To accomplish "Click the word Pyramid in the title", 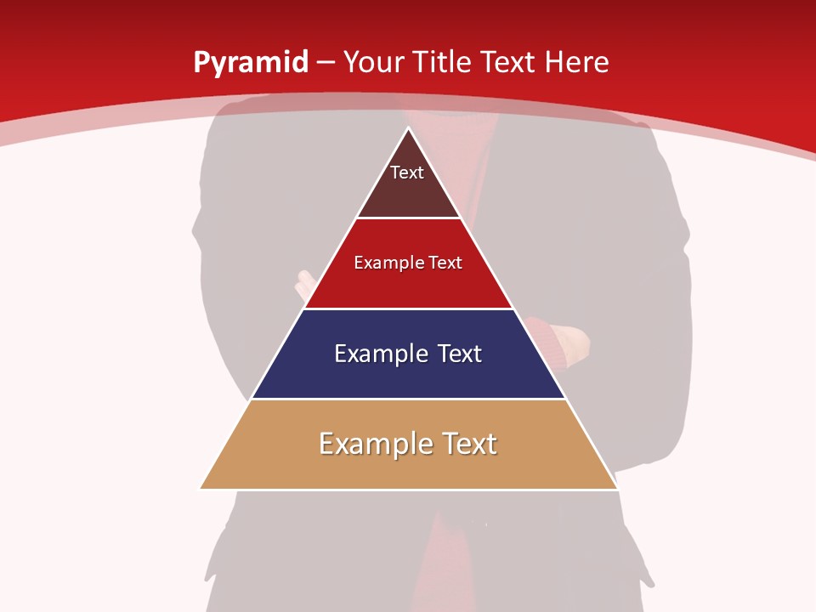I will coord(251,62).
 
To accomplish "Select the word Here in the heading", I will coord(577,62).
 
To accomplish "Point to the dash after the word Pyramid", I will coord(326,62).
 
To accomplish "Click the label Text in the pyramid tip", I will coord(406,173).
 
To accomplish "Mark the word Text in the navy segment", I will coord(459,354).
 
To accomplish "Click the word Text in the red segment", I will coord(445,263).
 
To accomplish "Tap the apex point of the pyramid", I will coord(408,128).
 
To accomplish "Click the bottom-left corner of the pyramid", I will coord(201,488).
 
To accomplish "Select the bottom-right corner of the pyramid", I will coord(616,488).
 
